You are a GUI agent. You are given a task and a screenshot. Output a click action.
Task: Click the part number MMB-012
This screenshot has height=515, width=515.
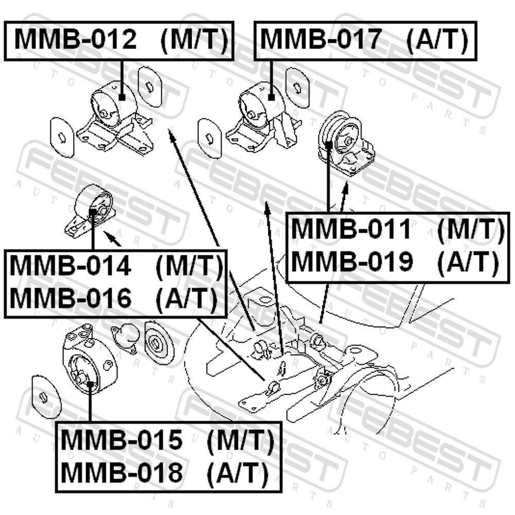(75, 40)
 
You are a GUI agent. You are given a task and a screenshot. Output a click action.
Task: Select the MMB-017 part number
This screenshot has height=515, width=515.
(321, 40)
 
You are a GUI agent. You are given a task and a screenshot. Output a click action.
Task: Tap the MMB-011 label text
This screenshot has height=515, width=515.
(351, 229)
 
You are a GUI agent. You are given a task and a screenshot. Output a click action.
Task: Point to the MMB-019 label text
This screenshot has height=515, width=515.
(352, 262)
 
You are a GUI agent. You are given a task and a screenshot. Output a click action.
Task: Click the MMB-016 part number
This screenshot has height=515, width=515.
(70, 298)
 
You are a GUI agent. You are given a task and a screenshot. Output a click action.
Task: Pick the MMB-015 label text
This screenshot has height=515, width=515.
(121, 439)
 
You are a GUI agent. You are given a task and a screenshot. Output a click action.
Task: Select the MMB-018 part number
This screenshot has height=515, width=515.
(122, 472)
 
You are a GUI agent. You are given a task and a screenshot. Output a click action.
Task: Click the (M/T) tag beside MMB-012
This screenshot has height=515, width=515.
(194, 40)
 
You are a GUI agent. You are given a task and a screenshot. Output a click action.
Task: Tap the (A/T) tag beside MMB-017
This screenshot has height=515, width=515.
(437, 40)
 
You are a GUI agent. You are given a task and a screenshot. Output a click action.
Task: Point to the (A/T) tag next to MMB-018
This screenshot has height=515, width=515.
(237, 473)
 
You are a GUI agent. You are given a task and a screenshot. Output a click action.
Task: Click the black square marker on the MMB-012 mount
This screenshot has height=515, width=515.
(122, 97)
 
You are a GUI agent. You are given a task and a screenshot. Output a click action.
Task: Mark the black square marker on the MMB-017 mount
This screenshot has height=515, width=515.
(271, 97)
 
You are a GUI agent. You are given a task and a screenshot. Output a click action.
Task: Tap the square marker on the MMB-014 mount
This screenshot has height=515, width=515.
(93, 211)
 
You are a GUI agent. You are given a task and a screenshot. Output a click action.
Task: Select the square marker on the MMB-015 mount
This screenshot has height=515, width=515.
(90, 384)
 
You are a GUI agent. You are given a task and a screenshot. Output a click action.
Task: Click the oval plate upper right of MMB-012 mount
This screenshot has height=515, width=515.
(150, 87)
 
